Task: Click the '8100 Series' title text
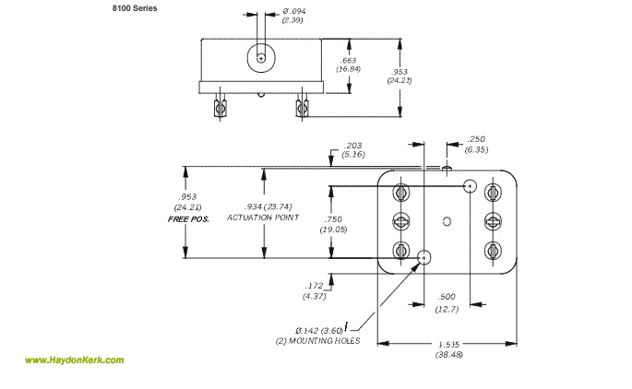coord(135,8)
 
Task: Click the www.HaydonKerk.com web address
coord(74,360)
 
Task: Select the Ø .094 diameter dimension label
coord(279,16)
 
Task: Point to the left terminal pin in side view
coord(218,109)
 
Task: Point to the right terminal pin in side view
coord(303,109)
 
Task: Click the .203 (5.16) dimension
coord(353,150)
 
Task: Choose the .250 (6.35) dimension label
coord(476,144)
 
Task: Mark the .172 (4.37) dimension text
coord(315,290)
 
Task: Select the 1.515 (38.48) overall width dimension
coord(448,349)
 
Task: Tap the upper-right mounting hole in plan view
coord(471,185)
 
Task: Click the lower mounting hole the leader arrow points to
coord(424,256)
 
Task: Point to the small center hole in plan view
coord(447,220)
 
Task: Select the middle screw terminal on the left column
coord(400,220)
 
